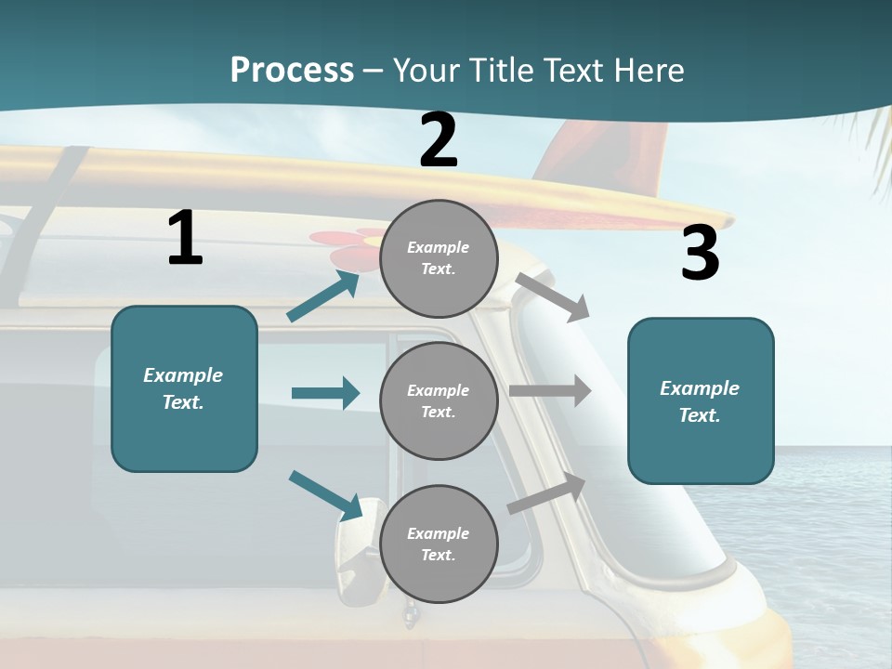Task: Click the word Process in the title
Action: pos(292,70)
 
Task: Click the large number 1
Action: pos(185,238)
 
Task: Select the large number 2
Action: pos(439,140)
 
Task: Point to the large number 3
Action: pos(700,254)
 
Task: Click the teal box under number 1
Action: pos(184,388)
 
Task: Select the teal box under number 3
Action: pos(701,400)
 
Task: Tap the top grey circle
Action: pos(439,257)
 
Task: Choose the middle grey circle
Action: pos(439,400)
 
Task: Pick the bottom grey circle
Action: pos(439,544)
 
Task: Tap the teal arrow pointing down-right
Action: pos(326,494)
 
